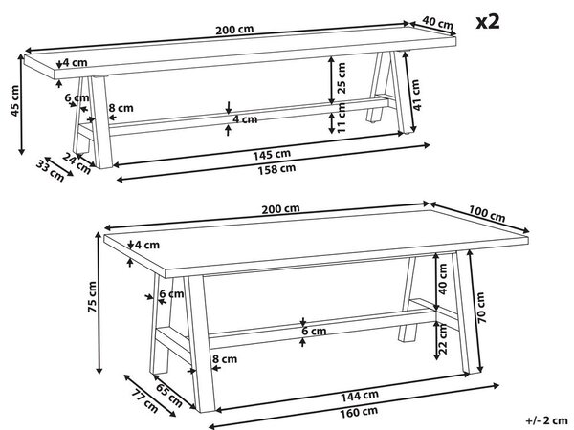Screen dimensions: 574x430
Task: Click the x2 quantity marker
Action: pos(488,22)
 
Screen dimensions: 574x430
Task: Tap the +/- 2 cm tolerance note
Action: pos(547,420)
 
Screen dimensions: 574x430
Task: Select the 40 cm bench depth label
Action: pos(437,23)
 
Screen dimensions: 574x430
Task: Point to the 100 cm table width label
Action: pos(487,214)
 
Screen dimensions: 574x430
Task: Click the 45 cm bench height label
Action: pos(14,101)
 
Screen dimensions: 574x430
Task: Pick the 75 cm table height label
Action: pos(92,297)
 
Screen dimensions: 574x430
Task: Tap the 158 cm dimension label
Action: pos(276,169)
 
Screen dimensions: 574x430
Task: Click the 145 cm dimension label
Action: pos(272,154)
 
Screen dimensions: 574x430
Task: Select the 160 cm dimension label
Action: pos(359,413)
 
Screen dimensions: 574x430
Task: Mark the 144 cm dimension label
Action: pos(360,396)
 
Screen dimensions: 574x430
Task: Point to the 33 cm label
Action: pos(50,171)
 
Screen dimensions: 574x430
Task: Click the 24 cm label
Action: pos(77,163)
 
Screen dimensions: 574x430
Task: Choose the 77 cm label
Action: pos(144,401)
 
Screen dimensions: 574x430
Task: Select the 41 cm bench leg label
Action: pos(417,95)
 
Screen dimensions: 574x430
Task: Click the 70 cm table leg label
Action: pos(481,308)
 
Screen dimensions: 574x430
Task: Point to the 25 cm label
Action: pos(342,78)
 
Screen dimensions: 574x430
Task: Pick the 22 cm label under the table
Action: pos(443,338)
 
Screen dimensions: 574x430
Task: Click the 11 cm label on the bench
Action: pos(342,118)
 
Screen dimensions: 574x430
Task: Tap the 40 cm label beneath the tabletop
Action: pos(443,279)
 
